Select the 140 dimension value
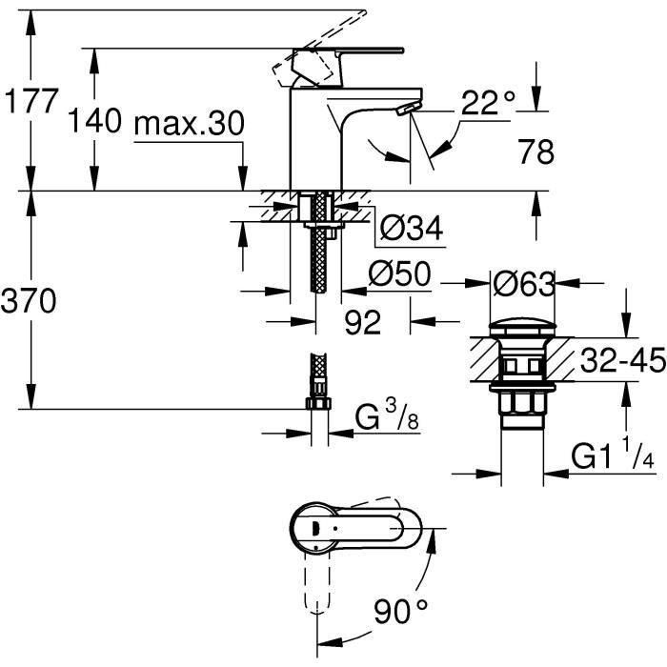point(95,122)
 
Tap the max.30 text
point(189,123)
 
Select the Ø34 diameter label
point(411,228)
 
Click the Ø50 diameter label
point(400,275)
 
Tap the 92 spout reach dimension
point(362,323)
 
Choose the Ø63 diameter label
point(525,282)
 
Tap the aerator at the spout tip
point(409,110)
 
